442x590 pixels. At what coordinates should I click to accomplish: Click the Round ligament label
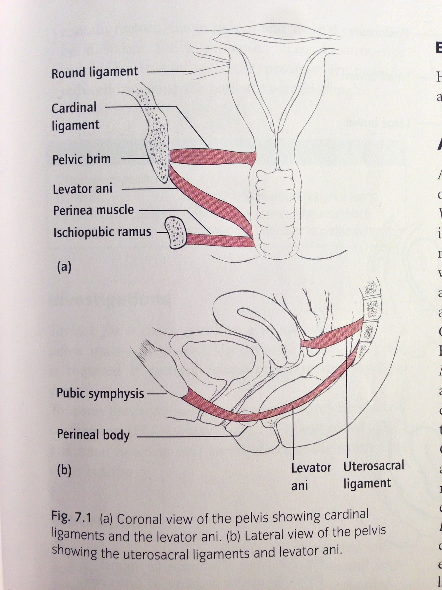pyautogui.click(x=95, y=72)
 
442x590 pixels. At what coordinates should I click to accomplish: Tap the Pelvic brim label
pyautogui.click(x=82, y=159)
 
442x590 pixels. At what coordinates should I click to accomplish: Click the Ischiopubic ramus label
pyautogui.click(x=102, y=232)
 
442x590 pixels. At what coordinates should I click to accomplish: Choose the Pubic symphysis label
pyautogui.click(x=100, y=393)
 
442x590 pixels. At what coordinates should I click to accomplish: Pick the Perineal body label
pyautogui.click(x=93, y=435)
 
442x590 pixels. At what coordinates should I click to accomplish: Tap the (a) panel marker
pyautogui.click(x=64, y=267)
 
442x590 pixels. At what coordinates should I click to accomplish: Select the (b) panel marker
pyautogui.click(x=64, y=470)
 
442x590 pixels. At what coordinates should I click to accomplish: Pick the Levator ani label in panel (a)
pyautogui.click(x=83, y=189)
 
